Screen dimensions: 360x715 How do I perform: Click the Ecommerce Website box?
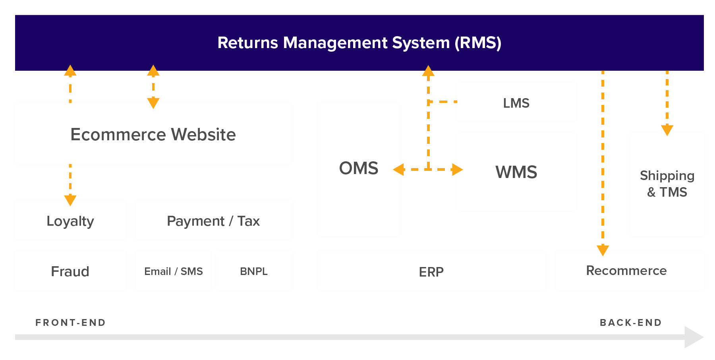tap(153, 134)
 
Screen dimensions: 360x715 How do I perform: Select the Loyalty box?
tap(70, 221)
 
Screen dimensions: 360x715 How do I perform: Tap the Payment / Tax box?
tap(213, 221)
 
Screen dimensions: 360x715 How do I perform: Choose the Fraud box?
tap(70, 271)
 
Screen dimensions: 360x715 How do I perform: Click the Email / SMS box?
tap(173, 271)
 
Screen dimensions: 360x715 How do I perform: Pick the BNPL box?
tap(254, 271)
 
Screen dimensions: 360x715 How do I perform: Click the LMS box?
tap(516, 103)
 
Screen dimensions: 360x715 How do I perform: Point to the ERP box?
tap(431, 272)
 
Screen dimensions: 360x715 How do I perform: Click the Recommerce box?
tap(626, 271)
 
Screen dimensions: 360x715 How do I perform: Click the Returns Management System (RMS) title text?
tap(359, 43)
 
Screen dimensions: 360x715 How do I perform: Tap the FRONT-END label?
tap(71, 322)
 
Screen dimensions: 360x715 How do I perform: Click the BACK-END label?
tap(631, 322)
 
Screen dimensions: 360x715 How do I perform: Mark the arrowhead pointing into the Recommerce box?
tap(603, 250)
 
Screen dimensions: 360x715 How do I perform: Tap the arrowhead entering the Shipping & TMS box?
tap(667, 130)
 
